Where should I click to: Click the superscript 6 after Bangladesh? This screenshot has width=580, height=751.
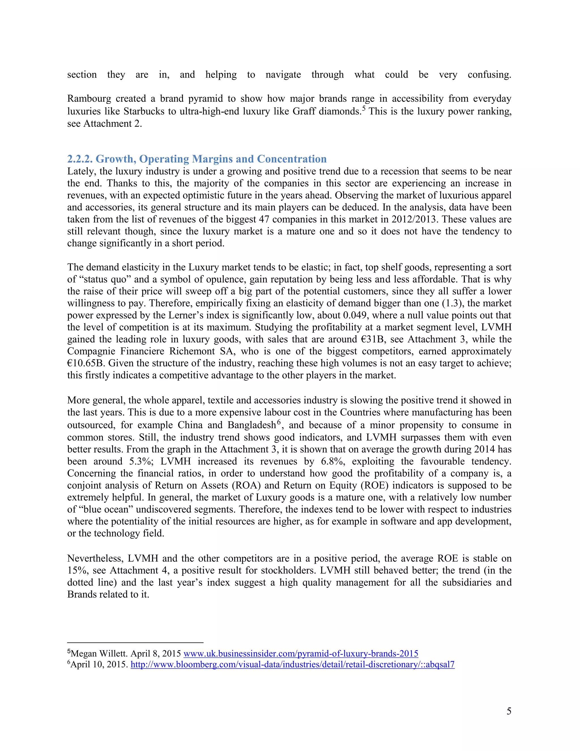(x=279, y=422)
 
